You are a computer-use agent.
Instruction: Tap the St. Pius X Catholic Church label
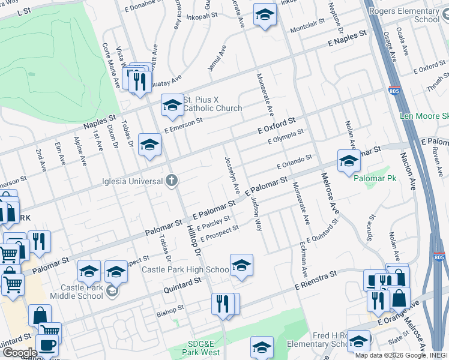point(212,104)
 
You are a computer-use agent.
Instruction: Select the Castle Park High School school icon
point(241,265)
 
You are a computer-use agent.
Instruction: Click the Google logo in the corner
point(19,352)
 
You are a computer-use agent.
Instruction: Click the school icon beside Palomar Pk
point(349,161)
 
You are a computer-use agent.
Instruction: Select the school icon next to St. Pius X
point(172,106)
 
